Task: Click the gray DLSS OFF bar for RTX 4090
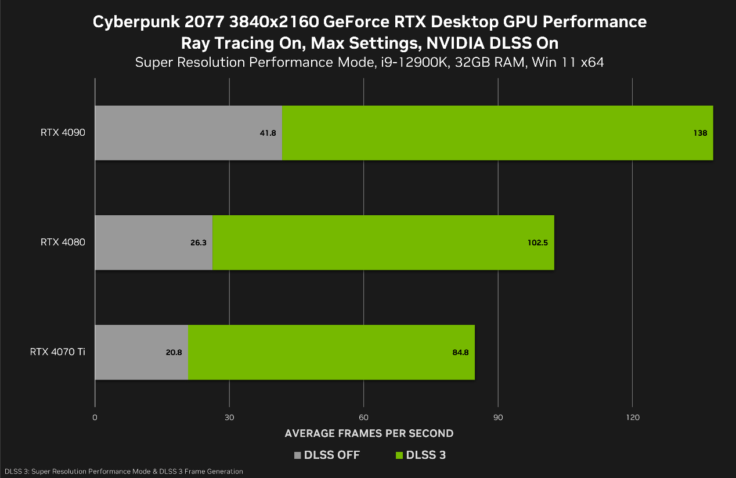(174, 133)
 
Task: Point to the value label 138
(700, 133)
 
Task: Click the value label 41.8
(268, 133)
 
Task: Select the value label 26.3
(198, 242)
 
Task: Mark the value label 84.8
(460, 352)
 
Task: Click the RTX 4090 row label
(63, 133)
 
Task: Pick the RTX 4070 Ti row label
(57, 352)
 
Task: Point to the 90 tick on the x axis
(498, 417)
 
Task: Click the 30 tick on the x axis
(229, 417)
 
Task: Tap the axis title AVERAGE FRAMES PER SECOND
(369, 433)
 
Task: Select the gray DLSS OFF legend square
(298, 455)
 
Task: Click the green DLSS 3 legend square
(399, 455)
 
